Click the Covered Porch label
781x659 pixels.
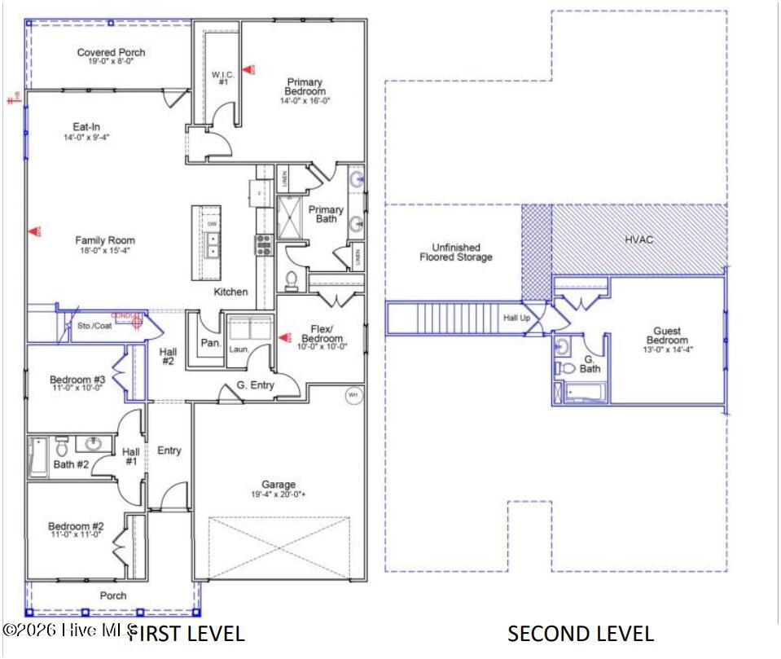(x=111, y=53)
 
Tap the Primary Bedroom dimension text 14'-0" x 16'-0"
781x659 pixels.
(x=304, y=101)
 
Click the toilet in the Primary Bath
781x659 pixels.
(x=292, y=279)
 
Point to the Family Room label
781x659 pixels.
(x=105, y=240)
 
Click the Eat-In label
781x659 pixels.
(x=86, y=127)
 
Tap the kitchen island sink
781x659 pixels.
(x=212, y=239)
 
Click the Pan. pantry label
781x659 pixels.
(x=211, y=344)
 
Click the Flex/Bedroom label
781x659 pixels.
(x=321, y=334)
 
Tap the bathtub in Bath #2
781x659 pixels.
(x=37, y=457)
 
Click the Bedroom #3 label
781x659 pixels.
(x=77, y=380)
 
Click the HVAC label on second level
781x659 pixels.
(x=638, y=239)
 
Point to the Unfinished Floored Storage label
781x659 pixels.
(x=455, y=252)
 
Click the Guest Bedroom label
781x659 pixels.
(x=666, y=336)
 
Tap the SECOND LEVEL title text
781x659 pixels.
(x=580, y=634)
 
